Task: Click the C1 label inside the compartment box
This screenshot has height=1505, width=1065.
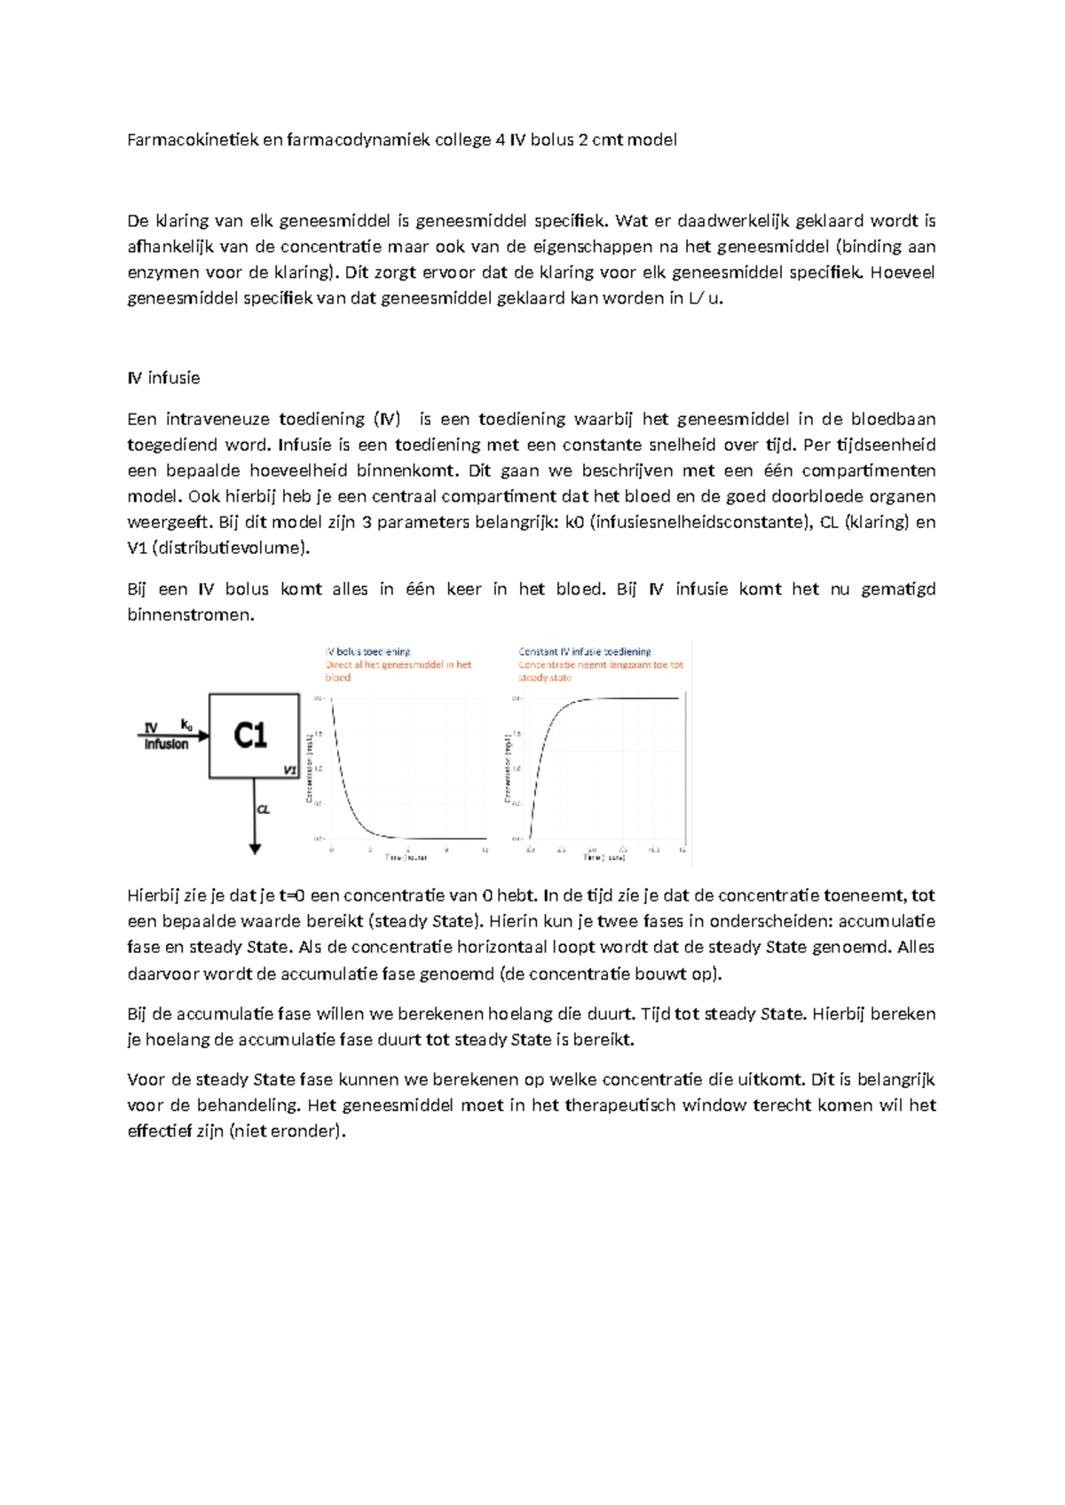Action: tap(250, 736)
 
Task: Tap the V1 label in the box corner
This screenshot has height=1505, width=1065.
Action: tap(289, 769)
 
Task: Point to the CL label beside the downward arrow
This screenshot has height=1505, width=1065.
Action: tap(264, 809)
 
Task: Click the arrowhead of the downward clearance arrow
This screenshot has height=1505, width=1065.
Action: tap(255, 849)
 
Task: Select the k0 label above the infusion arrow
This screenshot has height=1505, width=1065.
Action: tap(186, 724)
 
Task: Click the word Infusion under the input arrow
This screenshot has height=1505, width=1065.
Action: tap(167, 745)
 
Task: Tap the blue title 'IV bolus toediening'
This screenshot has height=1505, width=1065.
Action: tap(367, 651)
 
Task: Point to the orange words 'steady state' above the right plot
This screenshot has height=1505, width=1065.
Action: tap(545, 677)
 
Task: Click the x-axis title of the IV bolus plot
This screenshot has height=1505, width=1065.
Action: tap(406, 857)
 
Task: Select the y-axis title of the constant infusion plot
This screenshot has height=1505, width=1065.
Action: tap(508, 768)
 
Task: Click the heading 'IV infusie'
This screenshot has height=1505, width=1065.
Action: tap(163, 378)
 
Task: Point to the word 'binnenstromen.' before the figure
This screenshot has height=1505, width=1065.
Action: tap(191, 614)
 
